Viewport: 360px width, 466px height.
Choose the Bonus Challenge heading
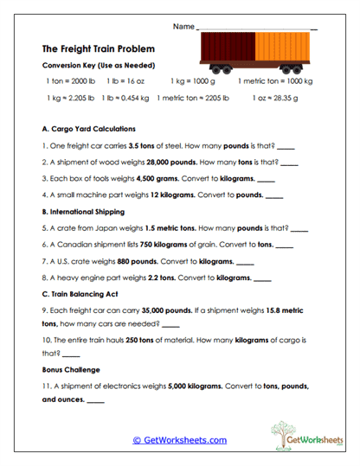(x=71, y=369)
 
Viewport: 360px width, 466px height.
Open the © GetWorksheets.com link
(x=180, y=440)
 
